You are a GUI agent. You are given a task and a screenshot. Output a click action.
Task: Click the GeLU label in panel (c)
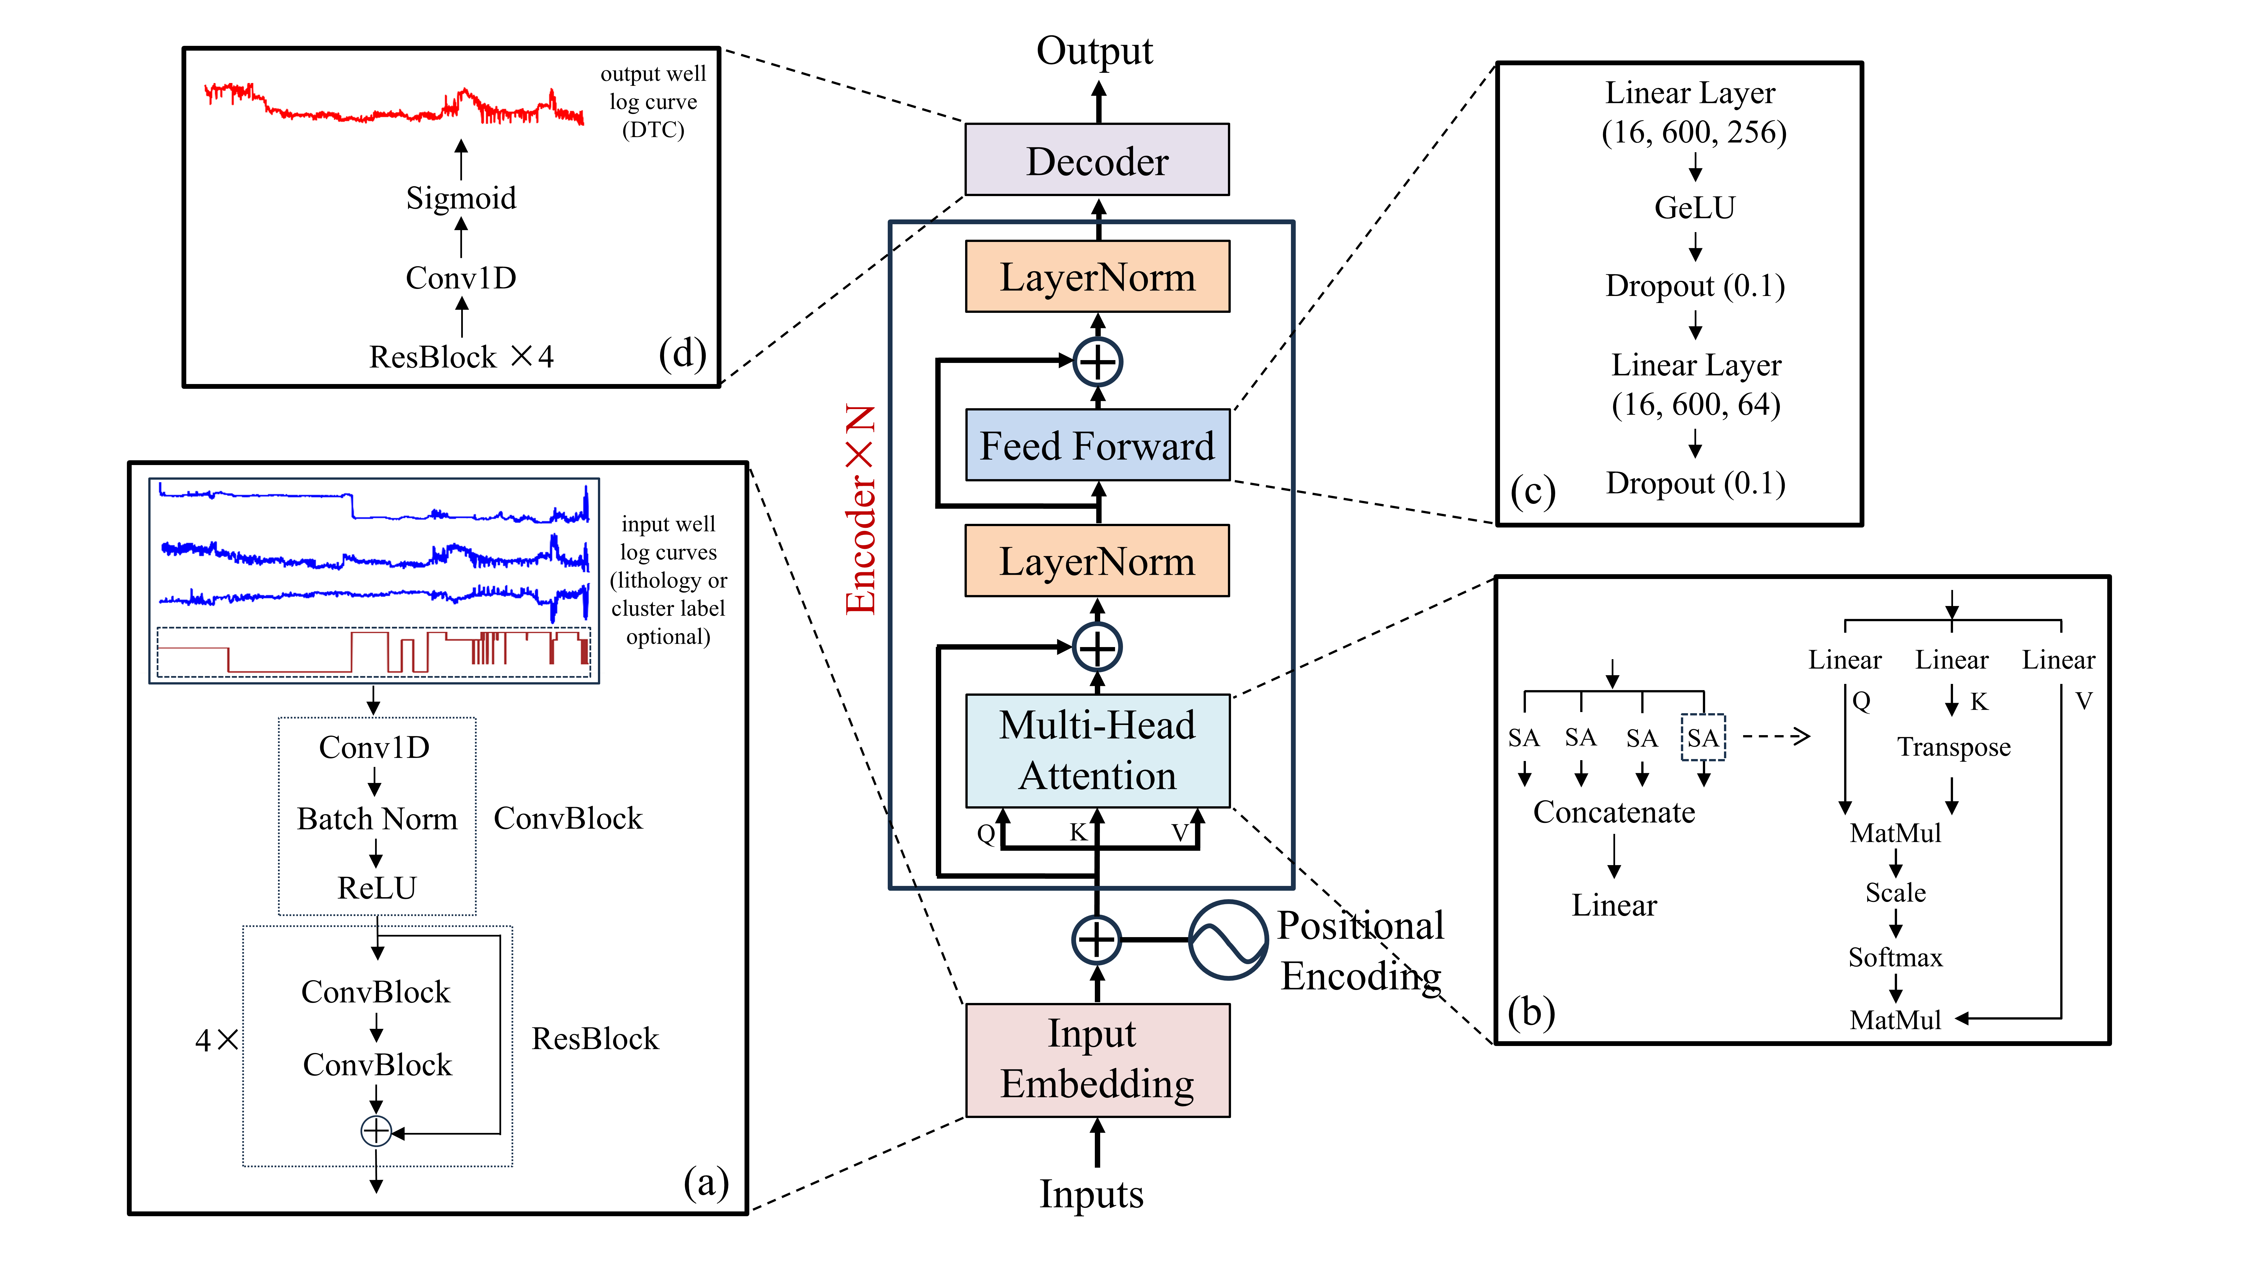click(1694, 208)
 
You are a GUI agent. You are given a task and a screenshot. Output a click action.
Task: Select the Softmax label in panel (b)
click(1894, 958)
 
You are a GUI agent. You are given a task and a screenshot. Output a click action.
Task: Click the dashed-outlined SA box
click(1702, 738)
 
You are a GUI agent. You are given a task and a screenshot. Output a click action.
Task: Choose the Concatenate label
click(1614, 812)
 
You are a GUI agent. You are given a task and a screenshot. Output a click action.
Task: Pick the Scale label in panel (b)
click(1894, 893)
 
